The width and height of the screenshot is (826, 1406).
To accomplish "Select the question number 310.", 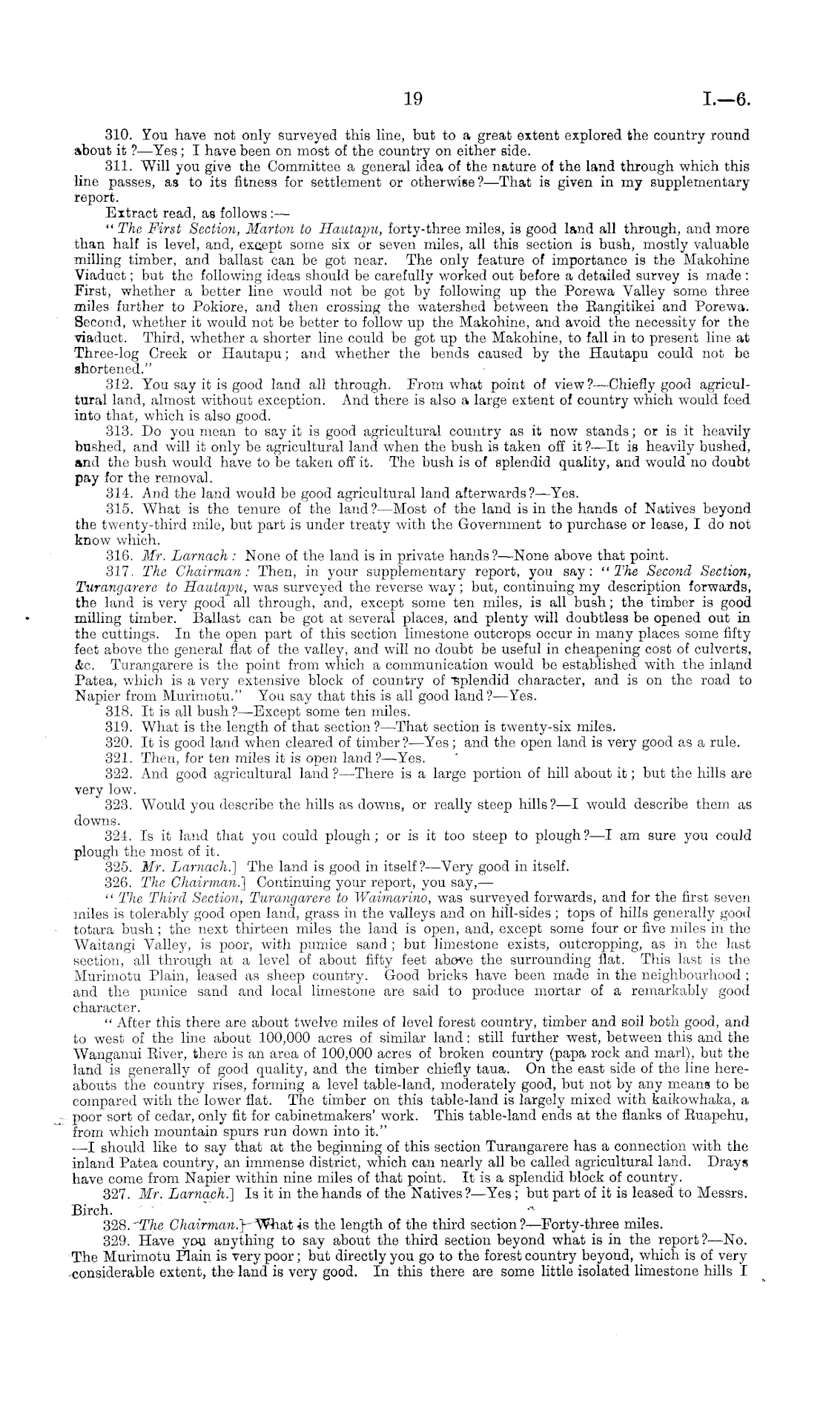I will pyautogui.click(x=118, y=136).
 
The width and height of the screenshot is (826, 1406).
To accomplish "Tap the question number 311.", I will pyautogui.click(x=118, y=167).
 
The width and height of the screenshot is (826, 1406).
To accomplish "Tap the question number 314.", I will pyautogui.click(x=119, y=493).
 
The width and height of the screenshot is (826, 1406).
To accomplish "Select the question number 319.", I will pyautogui.click(x=119, y=727).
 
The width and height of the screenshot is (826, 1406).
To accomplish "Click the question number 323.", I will pyautogui.click(x=119, y=805).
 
